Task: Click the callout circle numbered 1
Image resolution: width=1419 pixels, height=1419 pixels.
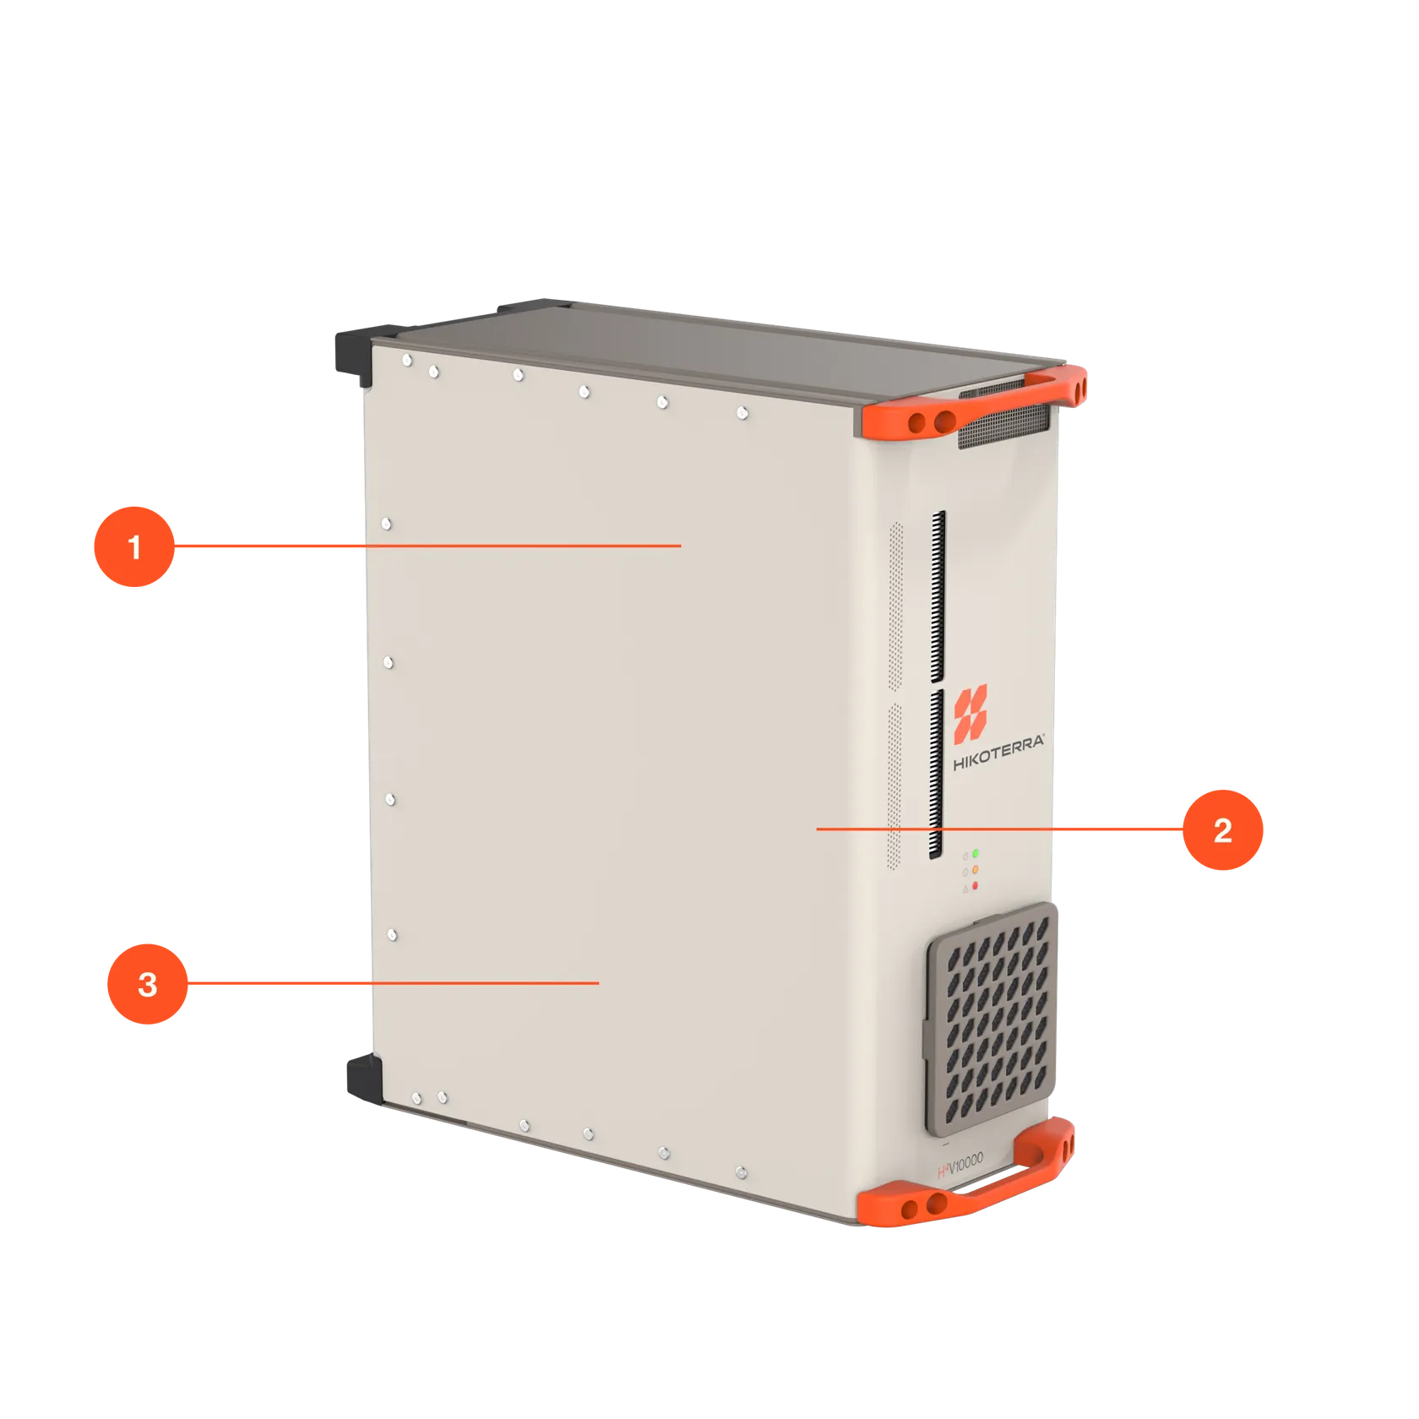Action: point(133,546)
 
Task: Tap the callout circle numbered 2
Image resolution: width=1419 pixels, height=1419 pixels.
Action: point(1222,830)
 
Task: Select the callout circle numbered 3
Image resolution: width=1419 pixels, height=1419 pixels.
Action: point(147,984)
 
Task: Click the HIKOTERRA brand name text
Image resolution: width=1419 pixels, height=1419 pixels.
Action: point(998,751)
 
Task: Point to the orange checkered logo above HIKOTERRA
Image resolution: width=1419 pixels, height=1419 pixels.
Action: point(970,710)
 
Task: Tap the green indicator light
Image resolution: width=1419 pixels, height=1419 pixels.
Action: point(976,854)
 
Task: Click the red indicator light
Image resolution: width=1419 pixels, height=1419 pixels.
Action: point(975,885)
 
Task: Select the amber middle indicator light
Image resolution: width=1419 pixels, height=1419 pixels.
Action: point(976,869)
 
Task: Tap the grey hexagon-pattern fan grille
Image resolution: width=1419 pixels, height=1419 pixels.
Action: point(993,1019)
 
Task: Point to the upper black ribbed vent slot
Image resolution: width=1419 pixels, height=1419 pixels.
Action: point(938,595)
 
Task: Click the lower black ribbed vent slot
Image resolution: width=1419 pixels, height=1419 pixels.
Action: point(936,773)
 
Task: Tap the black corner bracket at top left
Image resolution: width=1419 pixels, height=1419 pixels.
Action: point(351,355)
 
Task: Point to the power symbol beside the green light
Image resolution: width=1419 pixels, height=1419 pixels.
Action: point(965,856)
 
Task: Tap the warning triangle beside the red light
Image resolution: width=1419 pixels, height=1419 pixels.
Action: point(965,889)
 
